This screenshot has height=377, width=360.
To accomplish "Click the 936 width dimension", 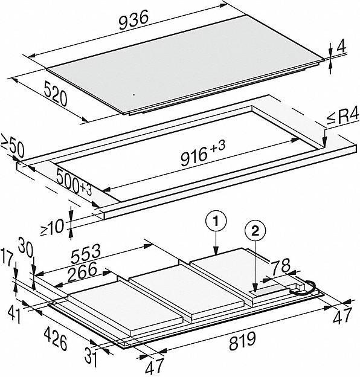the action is click(x=133, y=21).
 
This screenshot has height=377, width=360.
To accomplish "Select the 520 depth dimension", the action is click(x=56, y=94).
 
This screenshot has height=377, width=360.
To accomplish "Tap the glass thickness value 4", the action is click(x=341, y=47).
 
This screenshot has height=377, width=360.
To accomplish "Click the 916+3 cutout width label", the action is click(x=203, y=153).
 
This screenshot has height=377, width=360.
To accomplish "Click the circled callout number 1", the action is click(x=216, y=221).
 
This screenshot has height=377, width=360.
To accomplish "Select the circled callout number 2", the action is click(x=256, y=231).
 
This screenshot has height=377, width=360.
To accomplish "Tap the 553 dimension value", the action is click(x=86, y=254).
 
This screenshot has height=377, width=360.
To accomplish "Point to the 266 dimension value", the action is click(x=82, y=272).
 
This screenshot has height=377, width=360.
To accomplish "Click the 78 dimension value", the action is click(x=281, y=266).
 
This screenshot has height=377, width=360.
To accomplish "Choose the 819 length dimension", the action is click(x=242, y=341).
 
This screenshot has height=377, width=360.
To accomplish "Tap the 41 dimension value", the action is click(x=14, y=315).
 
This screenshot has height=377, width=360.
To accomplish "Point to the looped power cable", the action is click(x=303, y=288).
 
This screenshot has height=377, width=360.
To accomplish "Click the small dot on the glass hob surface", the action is click(x=134, y=94).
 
